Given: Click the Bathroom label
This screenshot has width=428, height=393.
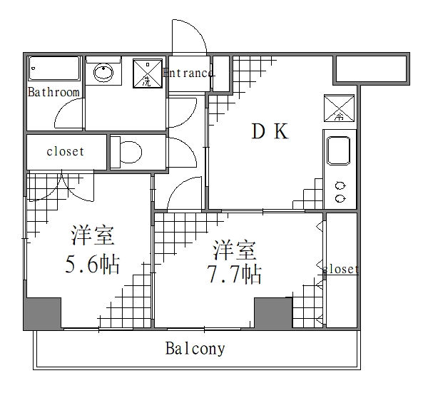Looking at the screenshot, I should tap(53, 93).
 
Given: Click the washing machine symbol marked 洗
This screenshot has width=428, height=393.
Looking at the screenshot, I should tap(148, 73).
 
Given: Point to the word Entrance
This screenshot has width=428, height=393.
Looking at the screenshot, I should tap(188, 73).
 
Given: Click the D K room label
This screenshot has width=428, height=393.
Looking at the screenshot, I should tap(270, 131).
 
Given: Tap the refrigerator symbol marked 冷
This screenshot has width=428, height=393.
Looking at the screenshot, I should tap(340, 108).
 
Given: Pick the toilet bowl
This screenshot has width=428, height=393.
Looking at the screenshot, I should tap(129, 152).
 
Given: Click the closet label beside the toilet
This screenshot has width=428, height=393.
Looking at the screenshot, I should tap(66, 152).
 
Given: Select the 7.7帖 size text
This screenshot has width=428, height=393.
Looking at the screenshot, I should tap(233, 273).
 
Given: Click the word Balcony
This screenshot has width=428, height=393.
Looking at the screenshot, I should tap(195, 349).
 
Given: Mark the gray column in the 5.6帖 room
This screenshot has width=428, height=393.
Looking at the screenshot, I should tap(42, 314).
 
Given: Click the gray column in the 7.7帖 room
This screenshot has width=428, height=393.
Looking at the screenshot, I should tap(274, 312).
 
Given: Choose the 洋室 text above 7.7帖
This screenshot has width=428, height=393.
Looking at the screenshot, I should tap(234, 250).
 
